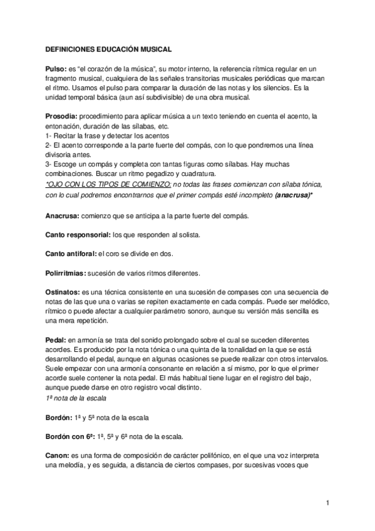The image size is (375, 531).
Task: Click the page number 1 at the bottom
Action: (x=327, y=503)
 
